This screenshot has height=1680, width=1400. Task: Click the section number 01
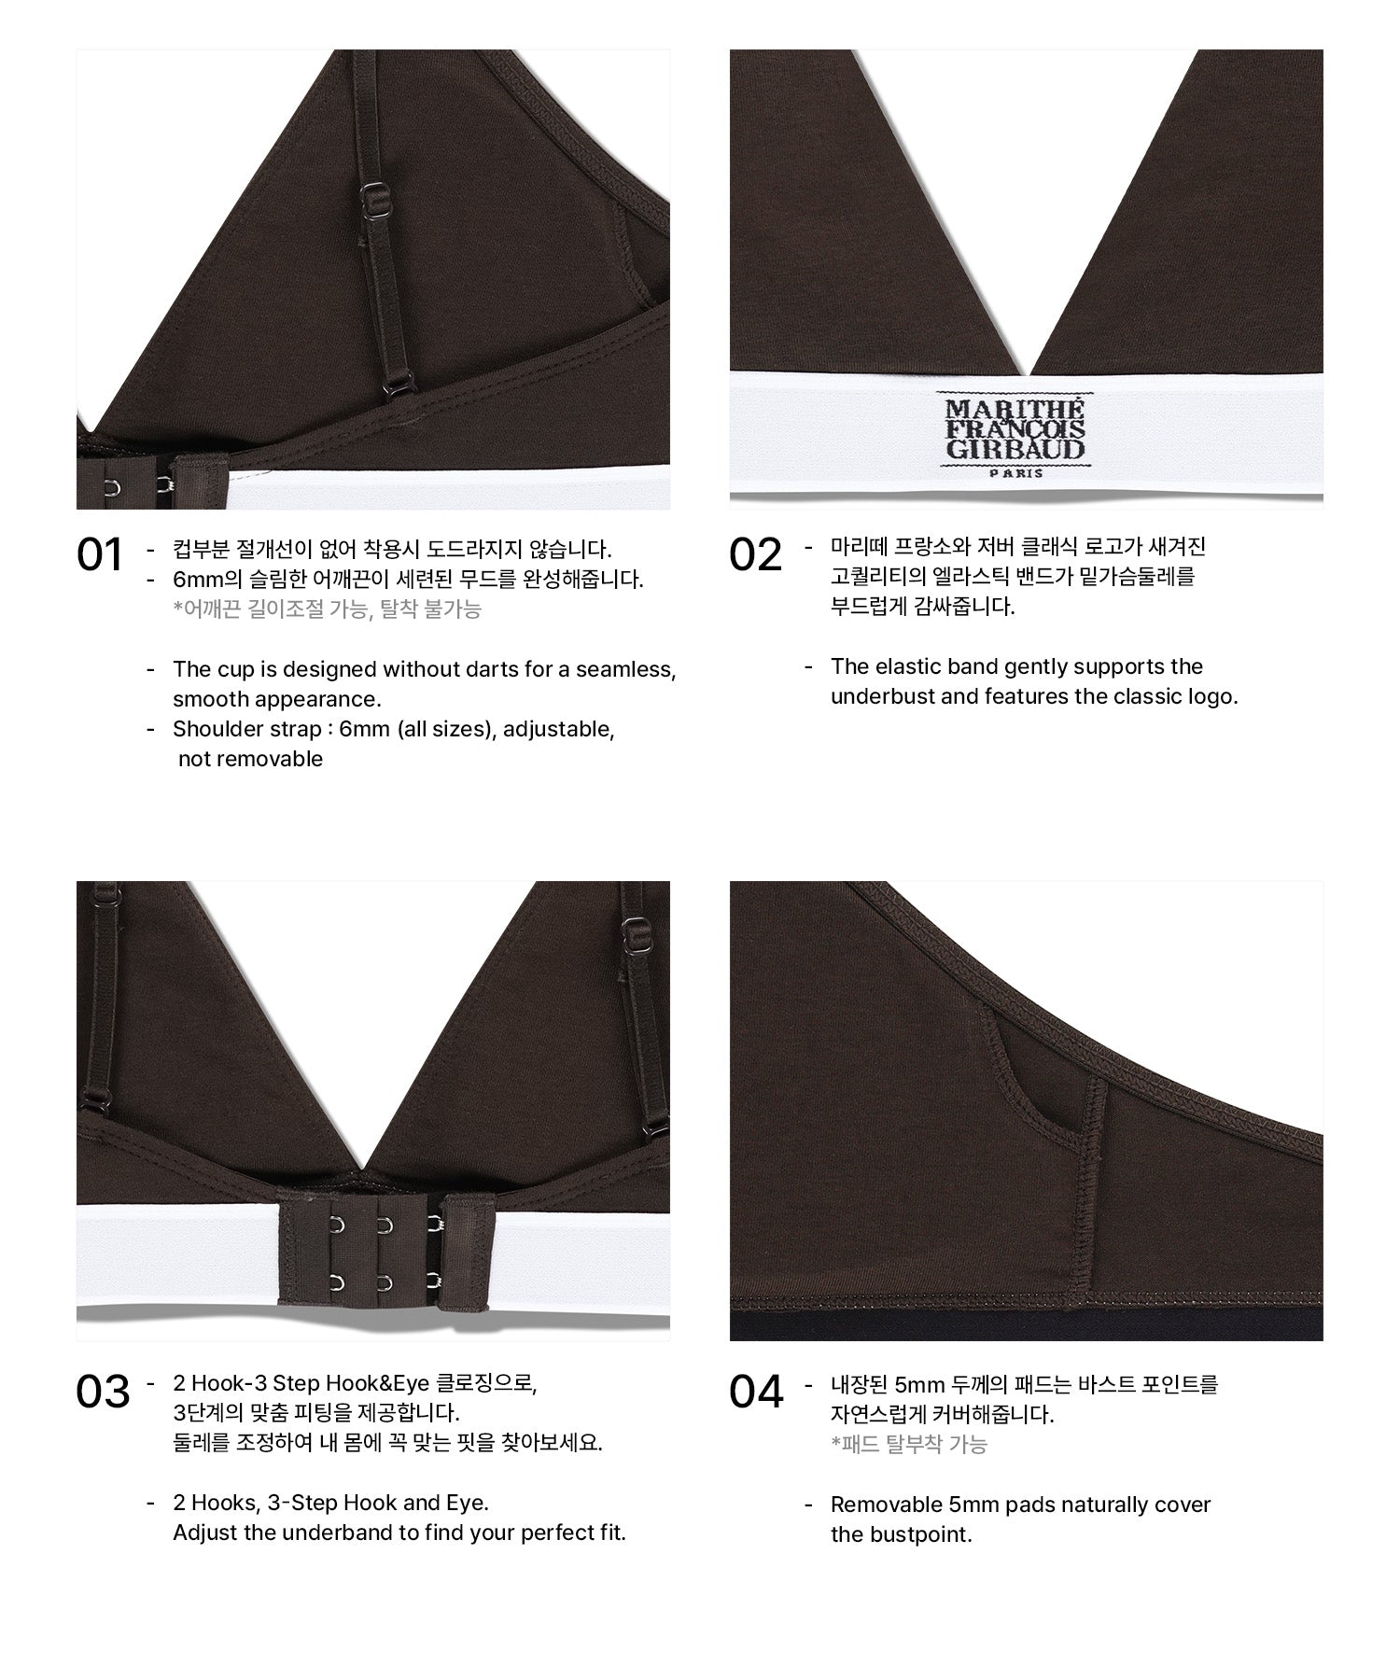coord(100,555)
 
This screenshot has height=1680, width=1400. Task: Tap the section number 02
coord(755,554)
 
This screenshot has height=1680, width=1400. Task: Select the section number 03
coord(103,1392)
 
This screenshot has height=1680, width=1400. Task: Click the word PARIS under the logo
coord(1015,473)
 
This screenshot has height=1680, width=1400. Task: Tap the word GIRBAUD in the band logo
coord(1015,449)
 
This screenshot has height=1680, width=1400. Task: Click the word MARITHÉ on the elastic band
coord(1015,409)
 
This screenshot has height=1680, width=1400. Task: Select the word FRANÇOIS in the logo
coord(1015,429)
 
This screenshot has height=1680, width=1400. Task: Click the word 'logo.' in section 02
coord(1211,696)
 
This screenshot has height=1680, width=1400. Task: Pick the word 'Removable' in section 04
coord(874,1505)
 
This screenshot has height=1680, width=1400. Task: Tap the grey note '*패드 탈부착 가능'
coord(909,1445)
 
